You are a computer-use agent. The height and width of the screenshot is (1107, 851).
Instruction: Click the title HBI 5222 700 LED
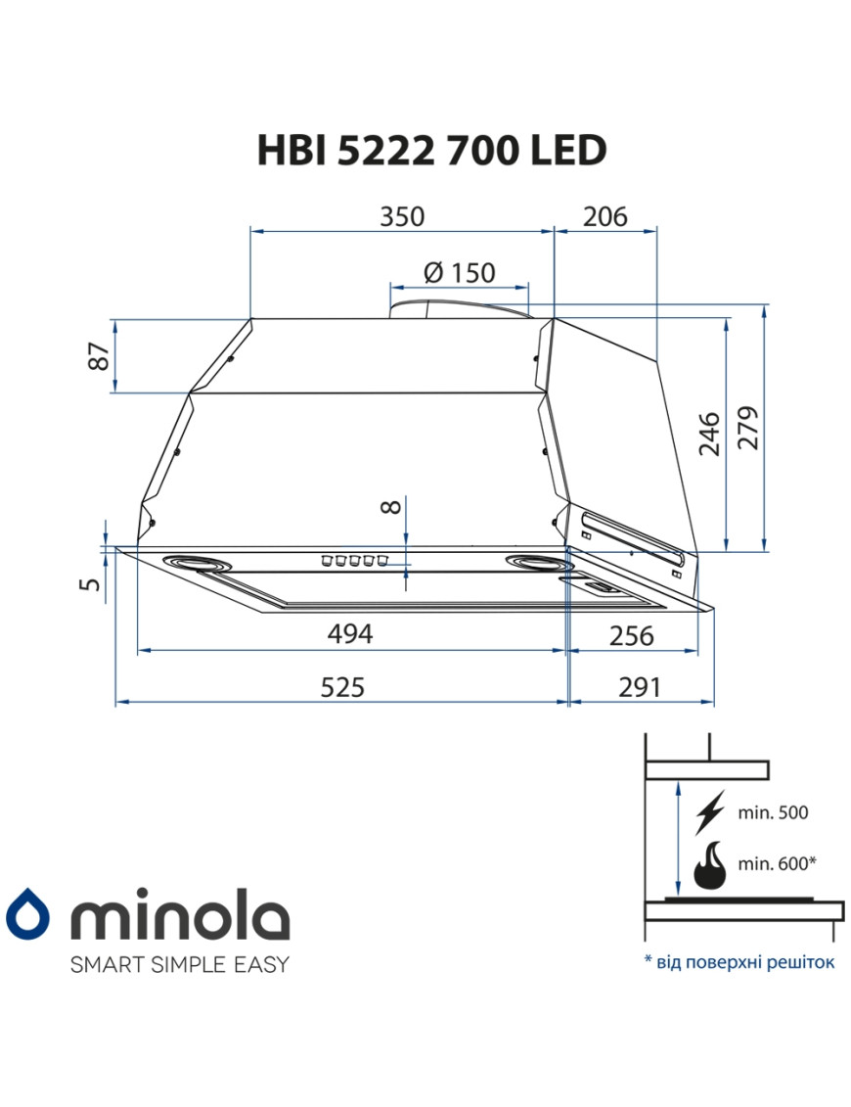pos(431,150)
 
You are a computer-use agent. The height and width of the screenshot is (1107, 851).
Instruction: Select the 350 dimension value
pos(402,216)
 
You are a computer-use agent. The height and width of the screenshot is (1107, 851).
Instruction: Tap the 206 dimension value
pos(605,216)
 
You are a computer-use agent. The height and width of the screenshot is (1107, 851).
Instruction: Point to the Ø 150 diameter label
pos(460,273)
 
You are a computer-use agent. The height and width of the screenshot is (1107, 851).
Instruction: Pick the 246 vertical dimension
pos(711,434)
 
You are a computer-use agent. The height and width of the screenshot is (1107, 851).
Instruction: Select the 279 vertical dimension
pos(748,426)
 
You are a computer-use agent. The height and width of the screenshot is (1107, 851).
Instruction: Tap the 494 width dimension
pos(349,634)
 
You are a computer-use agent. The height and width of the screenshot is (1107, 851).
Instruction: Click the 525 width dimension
pos(341,687)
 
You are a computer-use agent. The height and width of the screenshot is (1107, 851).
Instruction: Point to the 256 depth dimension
pos(631,635)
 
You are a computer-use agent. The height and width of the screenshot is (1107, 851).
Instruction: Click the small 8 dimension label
pos(390,507)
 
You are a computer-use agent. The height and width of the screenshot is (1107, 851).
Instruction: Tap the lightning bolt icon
pos(709,811)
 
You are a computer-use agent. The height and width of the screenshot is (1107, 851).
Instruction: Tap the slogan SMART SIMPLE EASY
pos(179,964)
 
